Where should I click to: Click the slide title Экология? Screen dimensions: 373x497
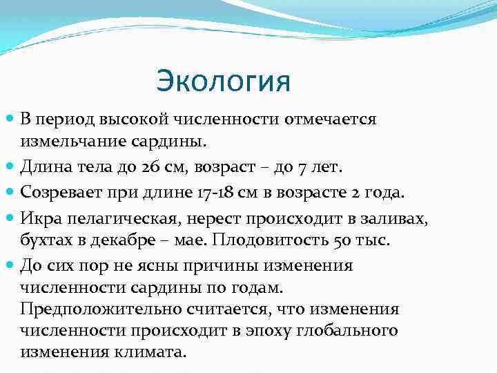(224, 81)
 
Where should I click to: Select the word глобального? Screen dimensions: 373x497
(348, 330)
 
